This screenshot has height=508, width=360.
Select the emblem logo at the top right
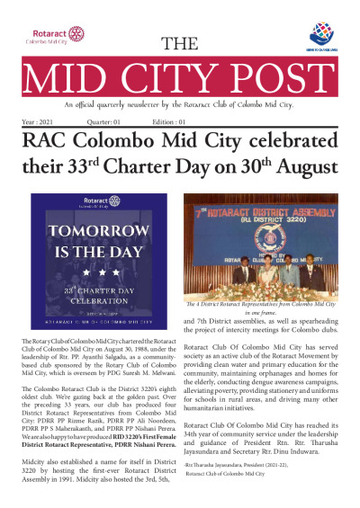[323, 35]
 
